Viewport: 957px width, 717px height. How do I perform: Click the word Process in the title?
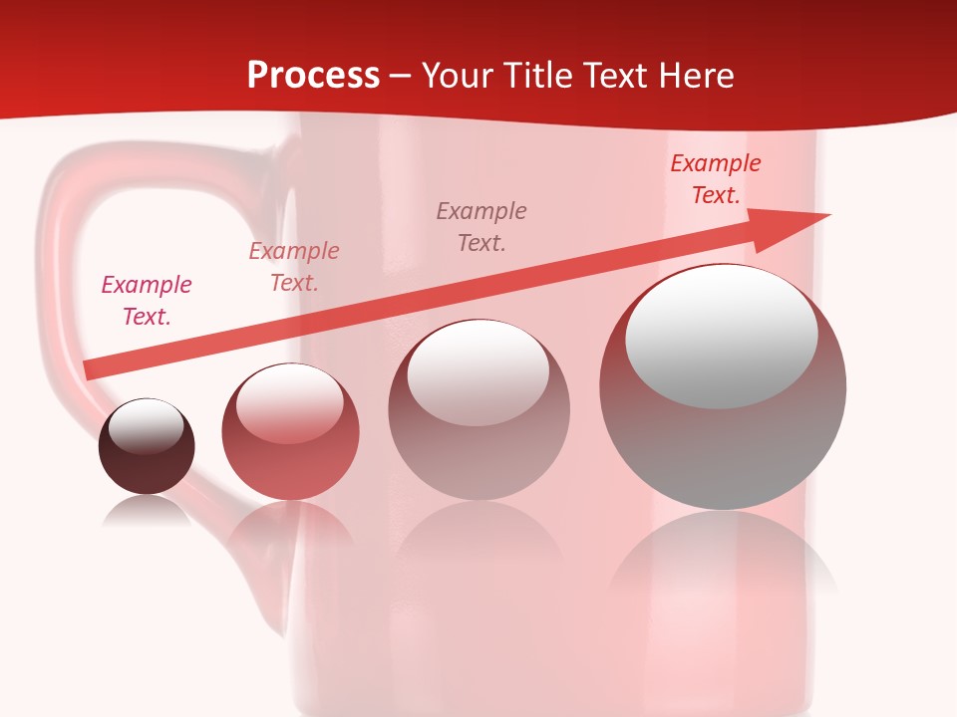(x=313, y=76)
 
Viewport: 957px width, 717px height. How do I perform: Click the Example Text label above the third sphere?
(x=481, y=227)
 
